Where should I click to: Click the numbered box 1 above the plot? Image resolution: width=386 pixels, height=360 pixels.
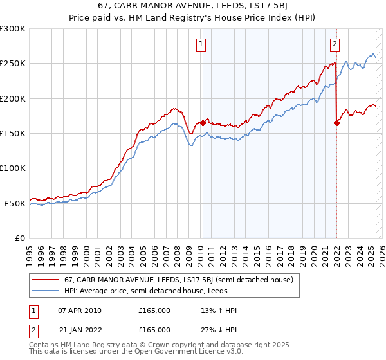(201, 44)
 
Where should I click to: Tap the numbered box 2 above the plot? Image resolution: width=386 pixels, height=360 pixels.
(335, 44)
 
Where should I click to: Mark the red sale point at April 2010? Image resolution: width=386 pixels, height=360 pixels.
(203, 123)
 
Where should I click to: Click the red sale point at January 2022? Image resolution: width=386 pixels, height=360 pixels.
(336, 123)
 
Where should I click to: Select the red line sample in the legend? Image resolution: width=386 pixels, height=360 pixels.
(45, 280)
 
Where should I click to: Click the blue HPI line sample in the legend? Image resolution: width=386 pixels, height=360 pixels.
(45, 291)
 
